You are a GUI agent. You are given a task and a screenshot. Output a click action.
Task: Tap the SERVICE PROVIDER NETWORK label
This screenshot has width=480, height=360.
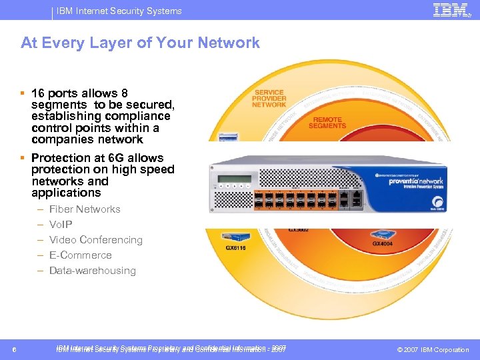[269, 98]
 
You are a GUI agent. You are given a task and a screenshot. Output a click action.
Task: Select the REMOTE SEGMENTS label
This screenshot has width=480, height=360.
[327, 123]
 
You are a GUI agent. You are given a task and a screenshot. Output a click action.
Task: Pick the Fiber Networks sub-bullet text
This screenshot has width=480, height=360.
[85, 209]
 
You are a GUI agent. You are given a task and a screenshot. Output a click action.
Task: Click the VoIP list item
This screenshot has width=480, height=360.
[61, 225]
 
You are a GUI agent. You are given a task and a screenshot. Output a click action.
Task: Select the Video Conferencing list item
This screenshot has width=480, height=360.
[95, 240]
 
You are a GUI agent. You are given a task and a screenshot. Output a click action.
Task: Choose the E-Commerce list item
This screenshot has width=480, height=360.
[80, 255]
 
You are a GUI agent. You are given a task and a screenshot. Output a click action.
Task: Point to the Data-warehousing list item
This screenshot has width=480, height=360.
[92, 271]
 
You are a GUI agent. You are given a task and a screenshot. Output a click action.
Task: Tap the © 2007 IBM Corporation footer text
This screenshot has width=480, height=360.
[433, 350]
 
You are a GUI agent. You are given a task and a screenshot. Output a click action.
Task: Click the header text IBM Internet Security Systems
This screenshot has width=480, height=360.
[119, 11]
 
